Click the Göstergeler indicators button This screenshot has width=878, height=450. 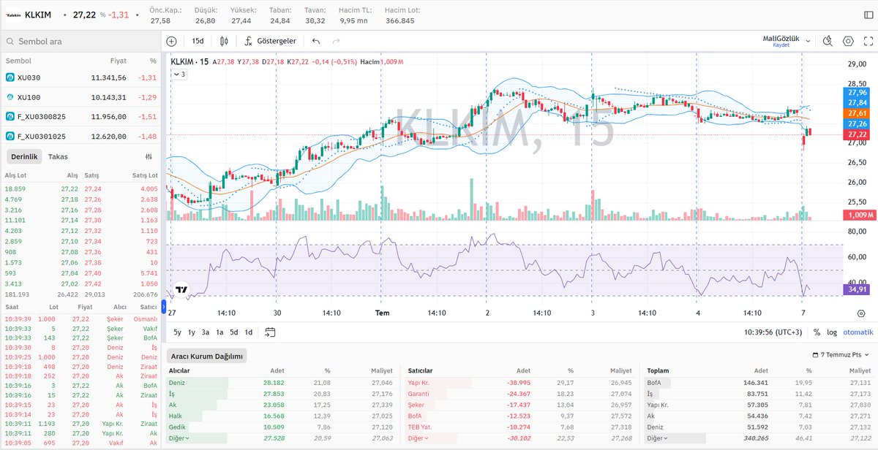(x=270, y=41)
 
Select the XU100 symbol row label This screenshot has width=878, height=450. (x=29, y=97)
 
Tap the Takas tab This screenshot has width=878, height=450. (x=58, y=156)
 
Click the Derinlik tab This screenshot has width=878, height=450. (x=23, y=156)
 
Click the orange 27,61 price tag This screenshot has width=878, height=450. (x=856, y=114)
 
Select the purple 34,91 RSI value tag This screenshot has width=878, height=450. (x=856, y=290)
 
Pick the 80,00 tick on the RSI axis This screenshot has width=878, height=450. (x=856, y=232)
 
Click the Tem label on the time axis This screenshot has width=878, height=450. (x=381, y=313)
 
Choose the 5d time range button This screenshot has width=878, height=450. (x=234, y=332)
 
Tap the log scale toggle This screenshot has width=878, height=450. (x=832, y=332)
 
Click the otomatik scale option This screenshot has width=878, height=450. (x=858, y=332)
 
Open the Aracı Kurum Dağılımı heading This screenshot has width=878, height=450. (x=206, y=356)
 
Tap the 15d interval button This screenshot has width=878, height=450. (x=198, y=41)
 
